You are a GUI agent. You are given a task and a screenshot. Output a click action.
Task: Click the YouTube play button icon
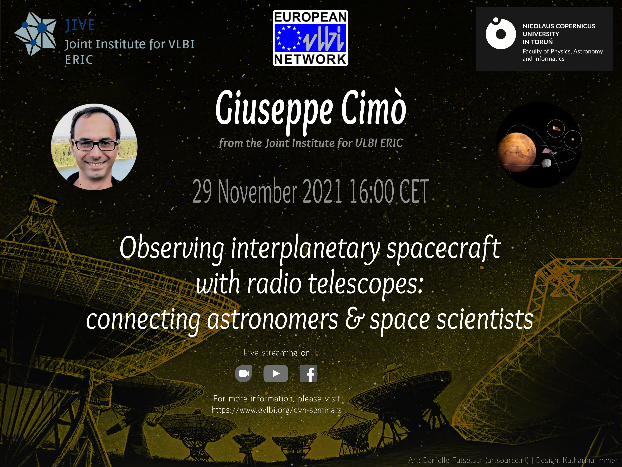[276, 374]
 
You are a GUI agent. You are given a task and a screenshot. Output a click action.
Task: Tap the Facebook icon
[308, 374]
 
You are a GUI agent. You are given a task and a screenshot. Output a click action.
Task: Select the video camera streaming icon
[243, 374]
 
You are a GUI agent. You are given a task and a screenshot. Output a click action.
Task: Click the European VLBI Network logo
[310, 38]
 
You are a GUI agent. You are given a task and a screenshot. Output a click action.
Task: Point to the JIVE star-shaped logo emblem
[35, 34]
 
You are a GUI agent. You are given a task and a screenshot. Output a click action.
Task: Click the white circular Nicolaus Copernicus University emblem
[501, 34]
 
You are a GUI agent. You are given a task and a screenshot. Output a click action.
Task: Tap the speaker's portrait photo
[94, 147]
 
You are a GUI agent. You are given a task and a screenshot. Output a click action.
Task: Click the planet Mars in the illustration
[517, 152]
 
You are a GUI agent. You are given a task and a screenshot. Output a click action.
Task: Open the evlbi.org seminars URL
[277, 410]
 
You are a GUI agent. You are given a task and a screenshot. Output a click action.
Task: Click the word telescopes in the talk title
[366, 284]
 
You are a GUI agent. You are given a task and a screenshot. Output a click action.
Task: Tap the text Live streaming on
[276, 353]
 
